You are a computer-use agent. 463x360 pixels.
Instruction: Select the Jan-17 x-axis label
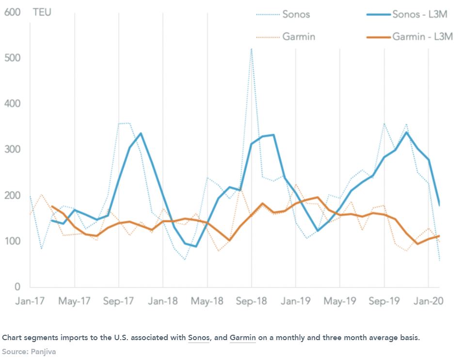click(x=30, y=301)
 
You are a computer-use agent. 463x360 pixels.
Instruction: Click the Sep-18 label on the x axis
click(x=251, y=301)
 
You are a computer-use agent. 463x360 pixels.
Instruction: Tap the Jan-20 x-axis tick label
click(x=428, y=301)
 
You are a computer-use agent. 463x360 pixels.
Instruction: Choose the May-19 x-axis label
click(x=339, y=301)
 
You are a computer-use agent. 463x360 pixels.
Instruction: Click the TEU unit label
click(x=42, y=13)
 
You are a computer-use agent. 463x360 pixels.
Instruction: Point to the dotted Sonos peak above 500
click(x=251, y=49)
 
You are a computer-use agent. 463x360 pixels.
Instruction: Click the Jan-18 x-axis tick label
click(x=163, y=301)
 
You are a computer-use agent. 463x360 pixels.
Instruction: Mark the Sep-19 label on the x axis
click(x=384, y=301)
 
